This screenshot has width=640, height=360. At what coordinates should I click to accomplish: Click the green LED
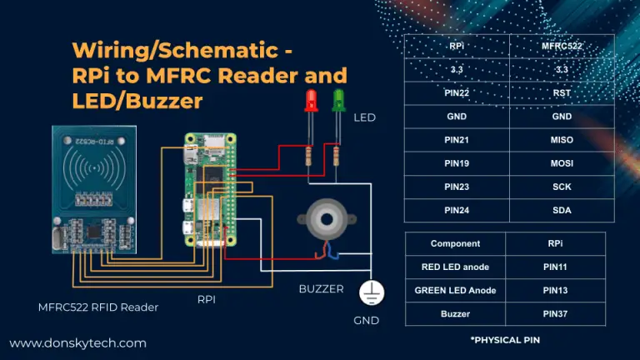pos(338,102)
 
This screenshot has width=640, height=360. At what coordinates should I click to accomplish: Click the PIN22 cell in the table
pos(456,93)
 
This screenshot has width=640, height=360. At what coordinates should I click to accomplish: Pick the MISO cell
pos(562,140)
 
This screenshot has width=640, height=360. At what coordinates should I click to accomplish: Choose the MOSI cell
pos(562,163)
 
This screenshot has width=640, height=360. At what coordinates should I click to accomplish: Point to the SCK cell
pos(562,187)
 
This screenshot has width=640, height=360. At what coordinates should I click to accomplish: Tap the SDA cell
pos(562,210)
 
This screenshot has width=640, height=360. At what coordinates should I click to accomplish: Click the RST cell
pos(562,93)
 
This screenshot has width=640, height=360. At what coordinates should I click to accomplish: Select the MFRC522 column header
pos(562,47)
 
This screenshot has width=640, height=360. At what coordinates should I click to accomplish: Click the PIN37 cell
pos(555,313)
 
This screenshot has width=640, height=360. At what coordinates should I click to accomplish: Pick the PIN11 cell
pos(555,267)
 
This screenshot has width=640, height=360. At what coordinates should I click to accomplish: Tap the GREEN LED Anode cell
pos(455,290)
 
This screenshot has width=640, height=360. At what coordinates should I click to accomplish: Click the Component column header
pos(455,243)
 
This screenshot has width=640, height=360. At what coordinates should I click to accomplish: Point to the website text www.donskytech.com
pos(77,342)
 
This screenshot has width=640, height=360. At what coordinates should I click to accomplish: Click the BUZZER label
pos(321,289)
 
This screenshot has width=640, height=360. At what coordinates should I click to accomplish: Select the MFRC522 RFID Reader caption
pos(98,307)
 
